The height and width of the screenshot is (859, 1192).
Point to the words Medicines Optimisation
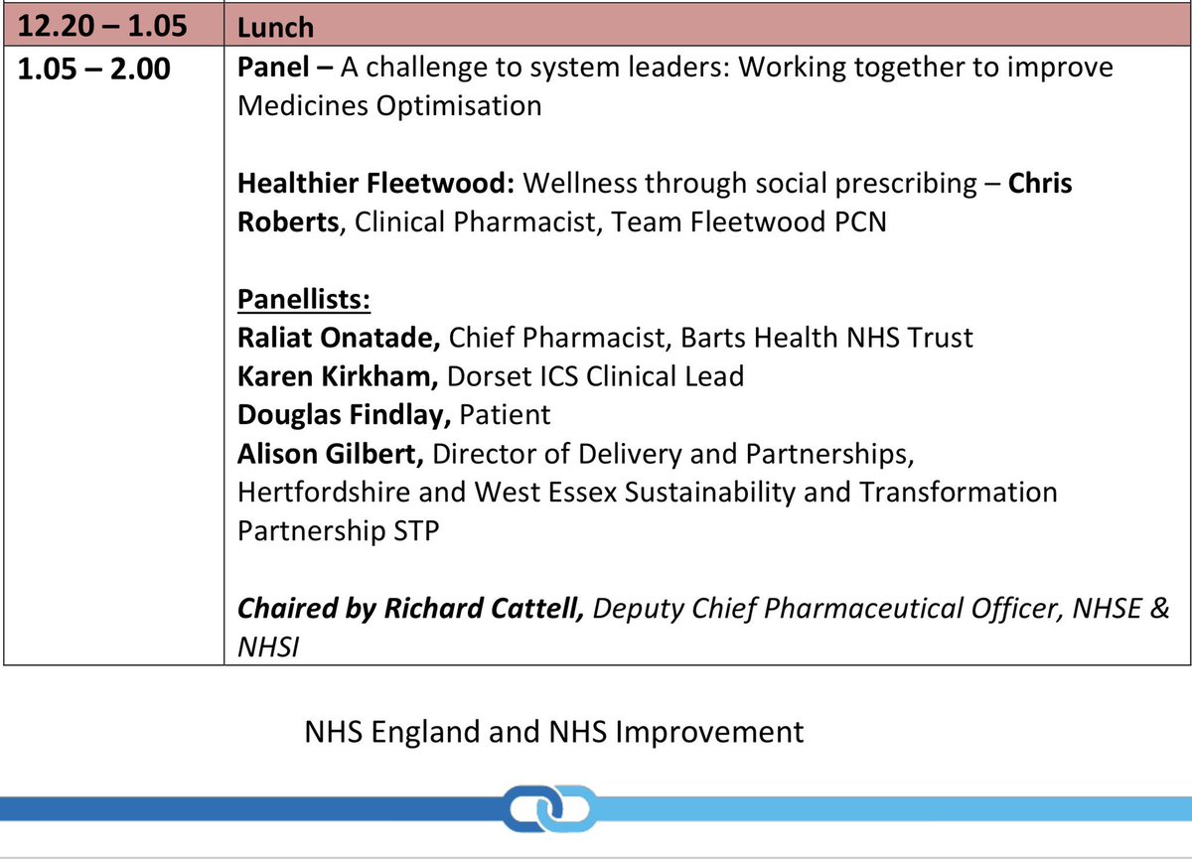coord(389,105)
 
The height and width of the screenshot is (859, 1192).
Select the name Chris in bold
coord(1040,185)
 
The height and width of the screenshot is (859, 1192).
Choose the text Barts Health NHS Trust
coord(826,339)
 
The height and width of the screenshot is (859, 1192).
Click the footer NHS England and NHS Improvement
coord(555,733)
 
